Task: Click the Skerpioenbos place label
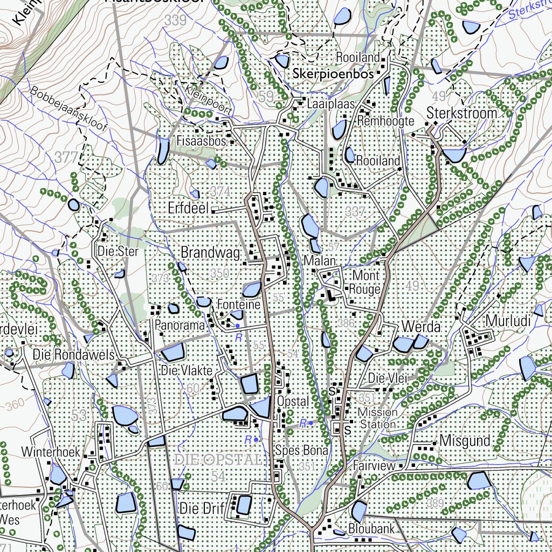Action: coord(333,74)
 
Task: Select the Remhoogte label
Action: coord(385,121)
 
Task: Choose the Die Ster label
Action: coord(118,251)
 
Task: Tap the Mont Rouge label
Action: coord(365,282)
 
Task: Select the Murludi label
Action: coord(508,321)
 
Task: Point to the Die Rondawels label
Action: coord(74,355)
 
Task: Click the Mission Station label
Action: coord(378,418)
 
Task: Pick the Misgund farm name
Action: coord(465,440)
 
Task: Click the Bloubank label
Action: coord(371,528)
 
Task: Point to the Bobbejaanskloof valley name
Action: coord(70,115)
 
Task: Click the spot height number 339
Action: coord(176,20)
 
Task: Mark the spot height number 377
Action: coord(67,157)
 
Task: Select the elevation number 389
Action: coord(434,503)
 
